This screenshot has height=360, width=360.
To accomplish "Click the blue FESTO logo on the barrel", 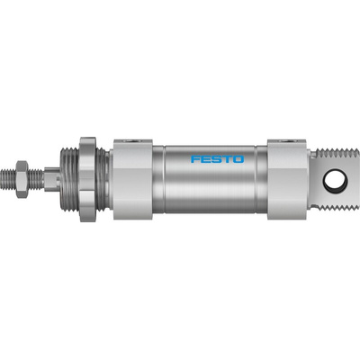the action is (x=218, y=159).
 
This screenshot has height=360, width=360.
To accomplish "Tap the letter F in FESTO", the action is (x=195, y=159).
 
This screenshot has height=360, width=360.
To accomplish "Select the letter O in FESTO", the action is (x=238, y=159).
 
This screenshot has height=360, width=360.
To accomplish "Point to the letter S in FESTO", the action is (x=217, y=159).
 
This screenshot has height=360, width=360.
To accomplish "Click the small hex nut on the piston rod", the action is (x=22, y=179).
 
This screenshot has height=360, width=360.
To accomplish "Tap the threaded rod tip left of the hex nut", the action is (x=8, y=179).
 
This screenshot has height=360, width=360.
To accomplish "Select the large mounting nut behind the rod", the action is (x=87, y=179).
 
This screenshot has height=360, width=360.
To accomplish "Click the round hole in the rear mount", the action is (x=336, y=180).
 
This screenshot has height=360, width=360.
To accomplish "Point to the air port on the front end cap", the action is (x=133, y=140).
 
